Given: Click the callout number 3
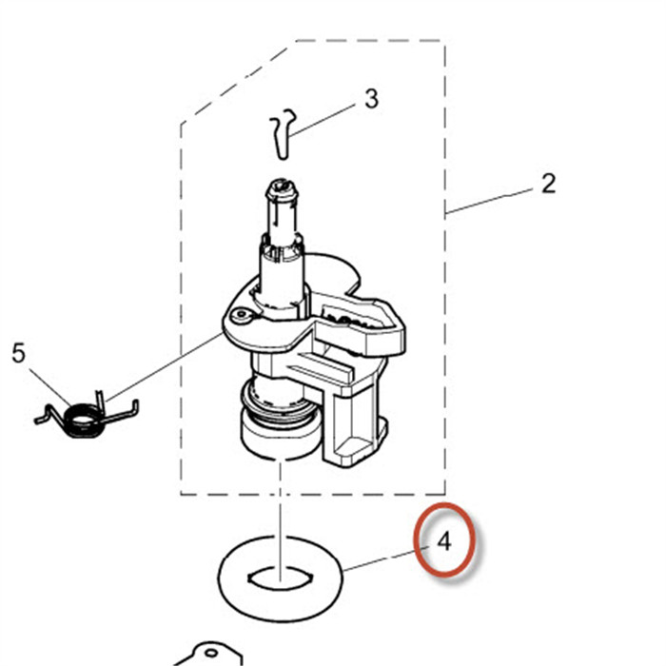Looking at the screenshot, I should coord(371,98).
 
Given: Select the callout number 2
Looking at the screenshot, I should coord(548,183).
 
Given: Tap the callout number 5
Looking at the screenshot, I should coord(18,354).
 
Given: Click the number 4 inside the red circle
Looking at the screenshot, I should coord(444,542).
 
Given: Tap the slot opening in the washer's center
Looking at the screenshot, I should coord(281,576).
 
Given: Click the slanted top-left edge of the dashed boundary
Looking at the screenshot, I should coord(238,82).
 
